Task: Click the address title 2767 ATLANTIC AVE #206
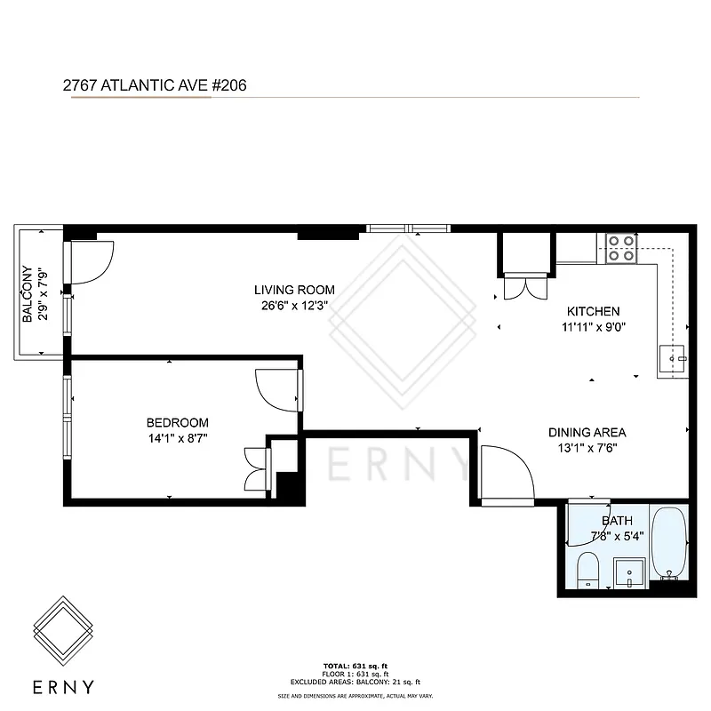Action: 154,85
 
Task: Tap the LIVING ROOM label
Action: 294,290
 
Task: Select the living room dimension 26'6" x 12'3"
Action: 294,307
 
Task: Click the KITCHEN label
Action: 593,312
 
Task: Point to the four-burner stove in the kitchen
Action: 619,248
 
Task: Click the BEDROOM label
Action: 178,422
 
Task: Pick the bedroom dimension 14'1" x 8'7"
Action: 178,438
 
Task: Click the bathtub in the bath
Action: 667,541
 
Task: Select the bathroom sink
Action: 629,572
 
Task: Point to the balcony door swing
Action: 89,262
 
